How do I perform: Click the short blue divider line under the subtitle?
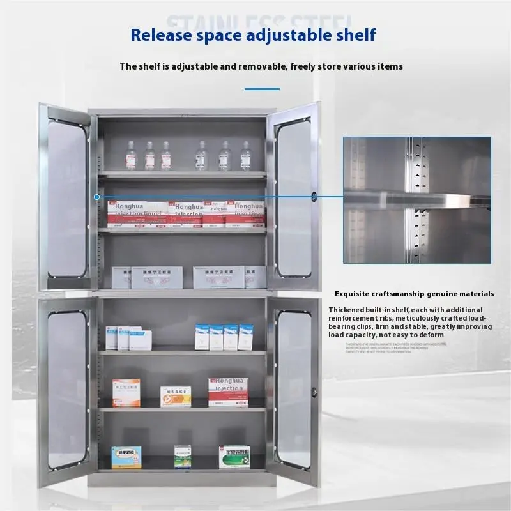pos(262,89)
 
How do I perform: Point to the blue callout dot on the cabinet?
pos(96,197)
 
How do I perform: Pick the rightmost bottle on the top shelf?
pos(245,156)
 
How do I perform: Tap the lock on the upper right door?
pos(314,194)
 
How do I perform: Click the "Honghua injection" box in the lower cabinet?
pos(228,392)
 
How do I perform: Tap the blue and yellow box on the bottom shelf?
pos(126,457)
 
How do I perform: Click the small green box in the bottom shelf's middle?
pos(183,456)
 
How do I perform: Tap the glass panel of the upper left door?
pos(66,198)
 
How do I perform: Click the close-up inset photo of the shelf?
pos(416,200)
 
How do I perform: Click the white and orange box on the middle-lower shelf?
pos(176,396)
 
